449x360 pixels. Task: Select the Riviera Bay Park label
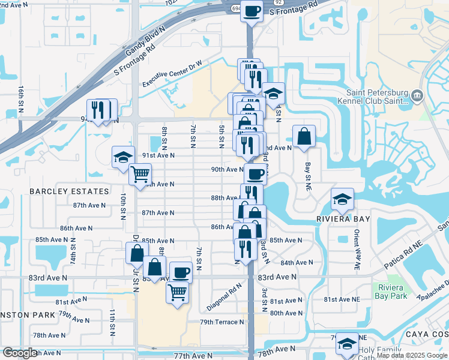391,291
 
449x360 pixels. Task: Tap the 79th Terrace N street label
222,322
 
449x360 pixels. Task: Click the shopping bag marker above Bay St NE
304,136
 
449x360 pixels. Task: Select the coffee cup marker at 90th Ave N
255,174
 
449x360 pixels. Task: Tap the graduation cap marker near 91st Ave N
123,157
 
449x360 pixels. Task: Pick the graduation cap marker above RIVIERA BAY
342,199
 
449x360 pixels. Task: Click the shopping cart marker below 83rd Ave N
178,293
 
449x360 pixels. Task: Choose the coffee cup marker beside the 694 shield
252,10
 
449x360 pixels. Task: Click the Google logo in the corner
20,353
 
